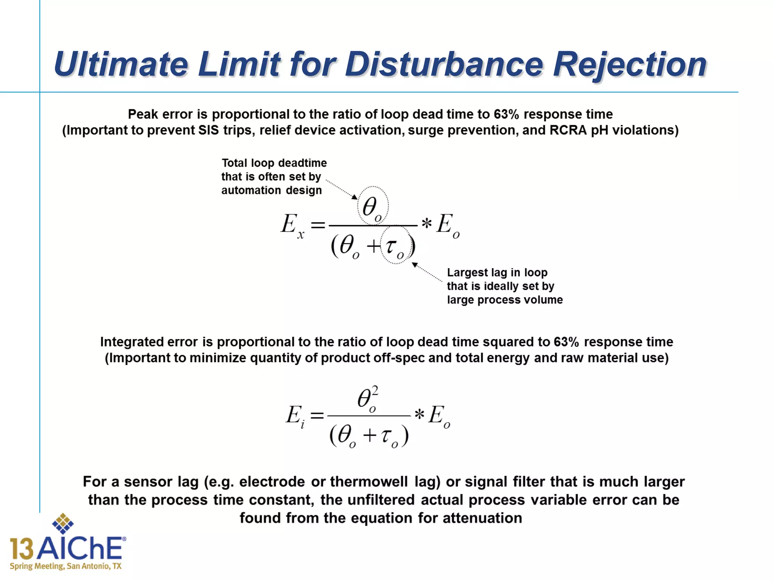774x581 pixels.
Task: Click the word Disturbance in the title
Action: (x=444, y=64)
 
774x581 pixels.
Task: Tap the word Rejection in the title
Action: (x=630, y=64)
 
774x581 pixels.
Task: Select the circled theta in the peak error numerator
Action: (x=372, y=206)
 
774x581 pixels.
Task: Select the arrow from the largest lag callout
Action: (x=427, y=272)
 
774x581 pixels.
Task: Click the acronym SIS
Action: (x=209, y=130)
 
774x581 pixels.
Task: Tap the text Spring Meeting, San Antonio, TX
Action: (x=66, y=566)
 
